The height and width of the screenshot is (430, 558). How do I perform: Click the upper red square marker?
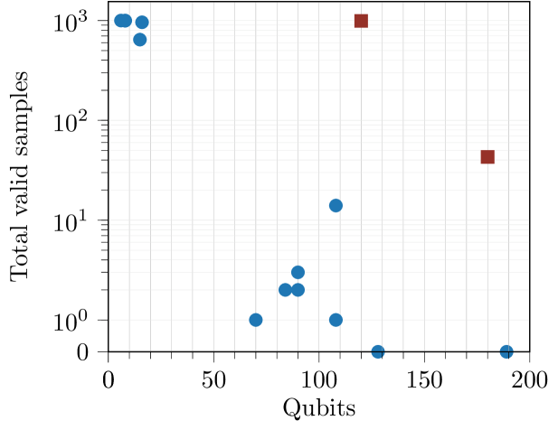pos(361,21)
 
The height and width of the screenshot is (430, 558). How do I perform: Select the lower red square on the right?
pos(487,156)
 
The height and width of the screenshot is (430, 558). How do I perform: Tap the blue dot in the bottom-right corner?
pos(506,351)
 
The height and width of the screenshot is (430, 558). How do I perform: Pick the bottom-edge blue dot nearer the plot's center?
pos(378,351)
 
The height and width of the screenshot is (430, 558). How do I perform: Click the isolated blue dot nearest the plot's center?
pos(336,205)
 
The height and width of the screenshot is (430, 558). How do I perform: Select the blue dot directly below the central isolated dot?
pos(336,319)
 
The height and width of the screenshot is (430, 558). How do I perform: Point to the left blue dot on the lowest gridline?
pos(256,319)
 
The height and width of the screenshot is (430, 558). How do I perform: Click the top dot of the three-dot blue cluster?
pos(298,272)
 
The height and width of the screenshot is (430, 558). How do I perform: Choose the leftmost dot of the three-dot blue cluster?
pos(285,290)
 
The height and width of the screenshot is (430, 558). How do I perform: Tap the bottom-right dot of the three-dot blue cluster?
pos(298,290)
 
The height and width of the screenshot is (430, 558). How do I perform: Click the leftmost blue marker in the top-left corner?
pos(120,21)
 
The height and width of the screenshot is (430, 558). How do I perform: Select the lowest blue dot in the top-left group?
pos(140,40)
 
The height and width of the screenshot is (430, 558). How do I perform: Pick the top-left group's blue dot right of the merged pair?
pos(142,23)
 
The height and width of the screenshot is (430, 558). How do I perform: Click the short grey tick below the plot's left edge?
pos(109,358)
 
